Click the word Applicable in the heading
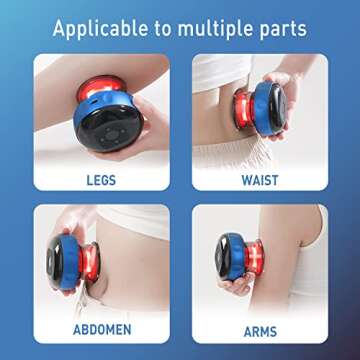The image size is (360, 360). point(100,29)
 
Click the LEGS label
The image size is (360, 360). point(101,180)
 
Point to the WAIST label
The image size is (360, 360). point(260,180)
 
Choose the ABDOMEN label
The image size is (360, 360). point(102,329)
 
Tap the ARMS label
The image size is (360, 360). point(260,331)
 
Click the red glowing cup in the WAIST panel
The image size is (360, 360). point(243,109)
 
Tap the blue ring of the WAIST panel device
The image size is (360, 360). point(263,109)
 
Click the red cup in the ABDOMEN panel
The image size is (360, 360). point(89,262)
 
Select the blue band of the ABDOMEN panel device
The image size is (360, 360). point(69,262)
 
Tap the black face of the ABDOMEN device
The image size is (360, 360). point(55,261)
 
